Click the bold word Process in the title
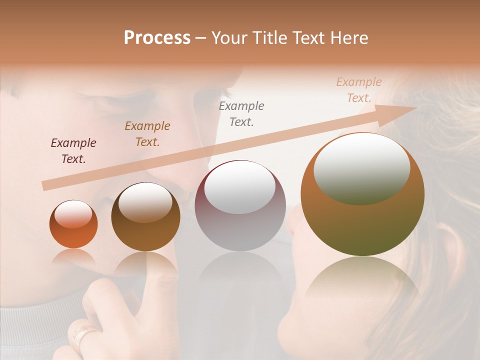pyautogui.click(x=157, y=38)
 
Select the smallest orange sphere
pyautogui.click(x=73, y=224)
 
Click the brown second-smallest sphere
pyautogui.click(x=145, y=216)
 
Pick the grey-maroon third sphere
pyautogui.click(x=240, y=205)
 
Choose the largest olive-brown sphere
pyautogui.click(x=362, y=194)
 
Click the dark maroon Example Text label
pyautogui.click(x=73, y=151)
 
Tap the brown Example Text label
pyautogui.click(x=147, y=134)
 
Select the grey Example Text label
pyautogui.click(x=241, y=113)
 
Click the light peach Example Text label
pyautogui.click(x=359, y=90)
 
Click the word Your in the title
pyautogui.click(x=230, y=38)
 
